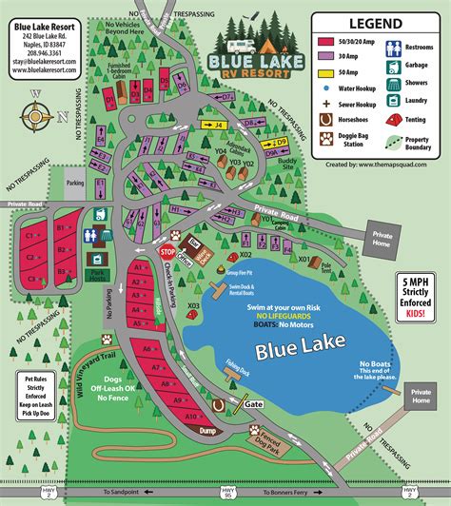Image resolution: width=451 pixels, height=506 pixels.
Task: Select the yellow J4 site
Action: [x=217, y=124]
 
